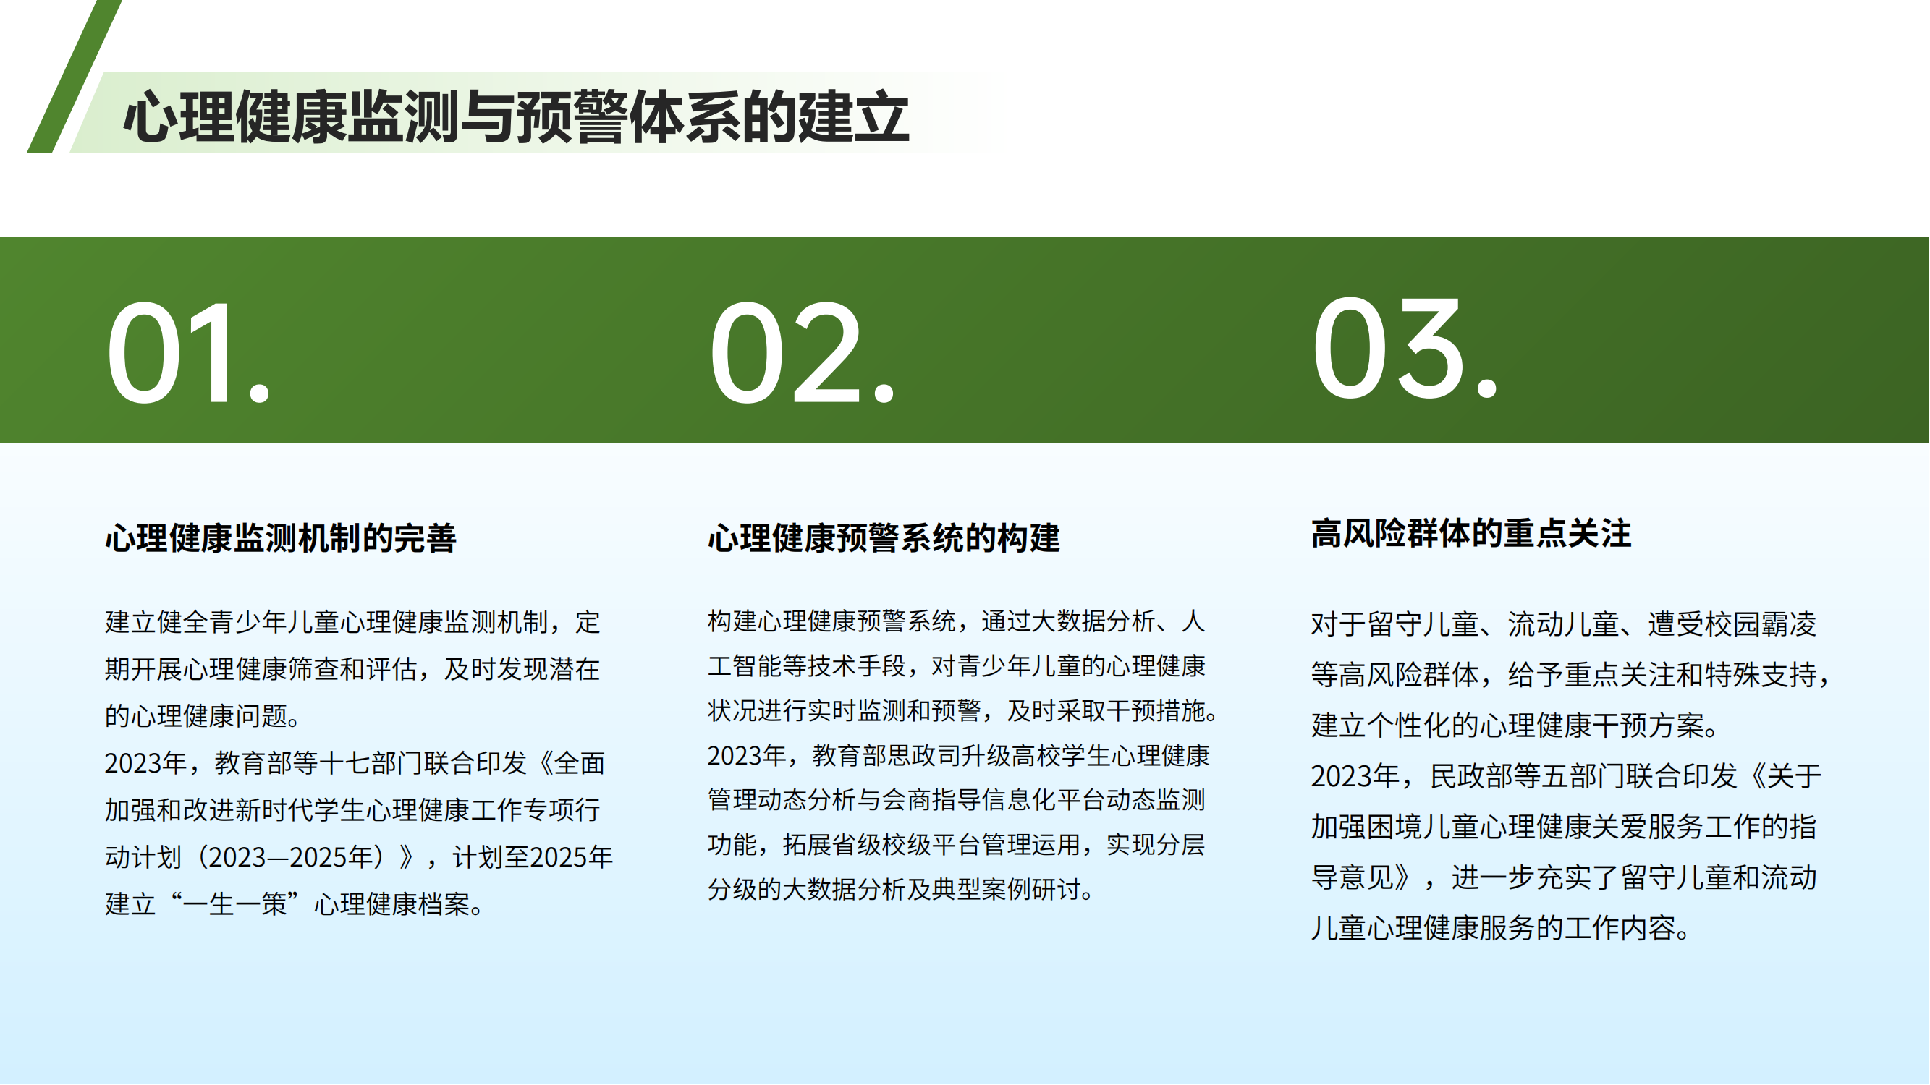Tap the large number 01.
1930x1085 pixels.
tap(188, 353)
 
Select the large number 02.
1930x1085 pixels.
tap(802, 353)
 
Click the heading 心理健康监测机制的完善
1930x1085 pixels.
tap(281, 537)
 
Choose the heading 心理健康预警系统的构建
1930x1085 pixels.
tap(884, 537)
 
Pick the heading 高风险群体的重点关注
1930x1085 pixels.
tap(1471, 533)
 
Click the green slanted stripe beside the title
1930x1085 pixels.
tap(74, 76)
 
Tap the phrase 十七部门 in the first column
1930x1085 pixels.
tap(371, 763)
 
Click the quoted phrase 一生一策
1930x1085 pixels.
tap(235, 903)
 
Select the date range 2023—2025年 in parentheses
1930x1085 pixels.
tap(290, 856)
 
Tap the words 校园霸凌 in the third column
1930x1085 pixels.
tap(1761, 624)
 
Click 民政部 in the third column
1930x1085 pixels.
tap(1472, 775)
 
